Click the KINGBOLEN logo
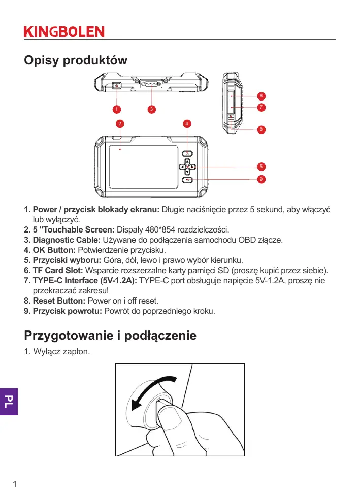64,31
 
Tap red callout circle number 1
116,109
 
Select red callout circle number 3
151,109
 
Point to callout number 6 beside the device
260,96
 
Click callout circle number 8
260,129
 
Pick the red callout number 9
260,179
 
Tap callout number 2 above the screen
119,123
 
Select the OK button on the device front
187,154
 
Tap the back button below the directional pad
187,180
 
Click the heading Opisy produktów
76,60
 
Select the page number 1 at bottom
15,483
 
